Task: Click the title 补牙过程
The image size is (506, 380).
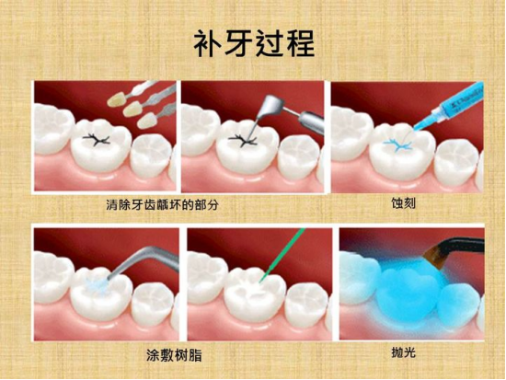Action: click(x=254, y=43)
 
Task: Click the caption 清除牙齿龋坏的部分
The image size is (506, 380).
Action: click(x=162, y=204)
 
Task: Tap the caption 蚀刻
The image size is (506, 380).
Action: click(x=403, y=203)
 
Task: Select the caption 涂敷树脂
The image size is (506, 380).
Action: click(x=174, y=355)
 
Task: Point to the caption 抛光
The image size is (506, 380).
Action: click(x=403, y=352)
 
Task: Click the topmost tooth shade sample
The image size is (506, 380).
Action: click(x=117, y=98)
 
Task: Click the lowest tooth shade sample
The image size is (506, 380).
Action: click(x=145, y=121)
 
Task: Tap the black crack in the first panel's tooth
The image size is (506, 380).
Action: click(x=97, y=139)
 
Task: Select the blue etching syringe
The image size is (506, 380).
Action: click(x=449, y=106)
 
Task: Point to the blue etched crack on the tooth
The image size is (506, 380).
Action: click(x=397, y=144)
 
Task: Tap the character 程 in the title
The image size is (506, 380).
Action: click(x=300, y=43)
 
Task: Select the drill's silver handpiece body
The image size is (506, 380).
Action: click(x=311, y=121)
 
